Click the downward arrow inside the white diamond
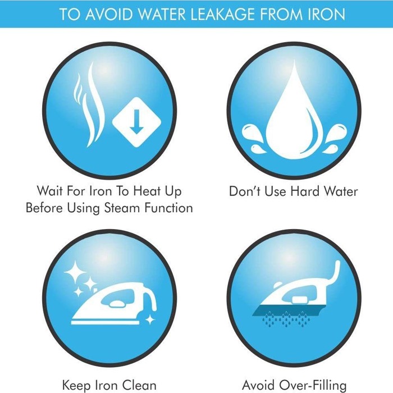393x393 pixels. pos(136,122)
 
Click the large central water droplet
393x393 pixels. pos(294,118)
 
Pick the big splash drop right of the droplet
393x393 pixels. pos(336,133)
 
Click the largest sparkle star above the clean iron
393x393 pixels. pos(75,272)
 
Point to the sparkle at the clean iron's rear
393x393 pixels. pos(150,320)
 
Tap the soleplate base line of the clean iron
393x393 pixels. pos(106,323)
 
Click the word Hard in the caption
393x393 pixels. pos(305,191)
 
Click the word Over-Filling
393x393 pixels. pos(313,386)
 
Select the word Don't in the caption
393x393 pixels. pos(245,191)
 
